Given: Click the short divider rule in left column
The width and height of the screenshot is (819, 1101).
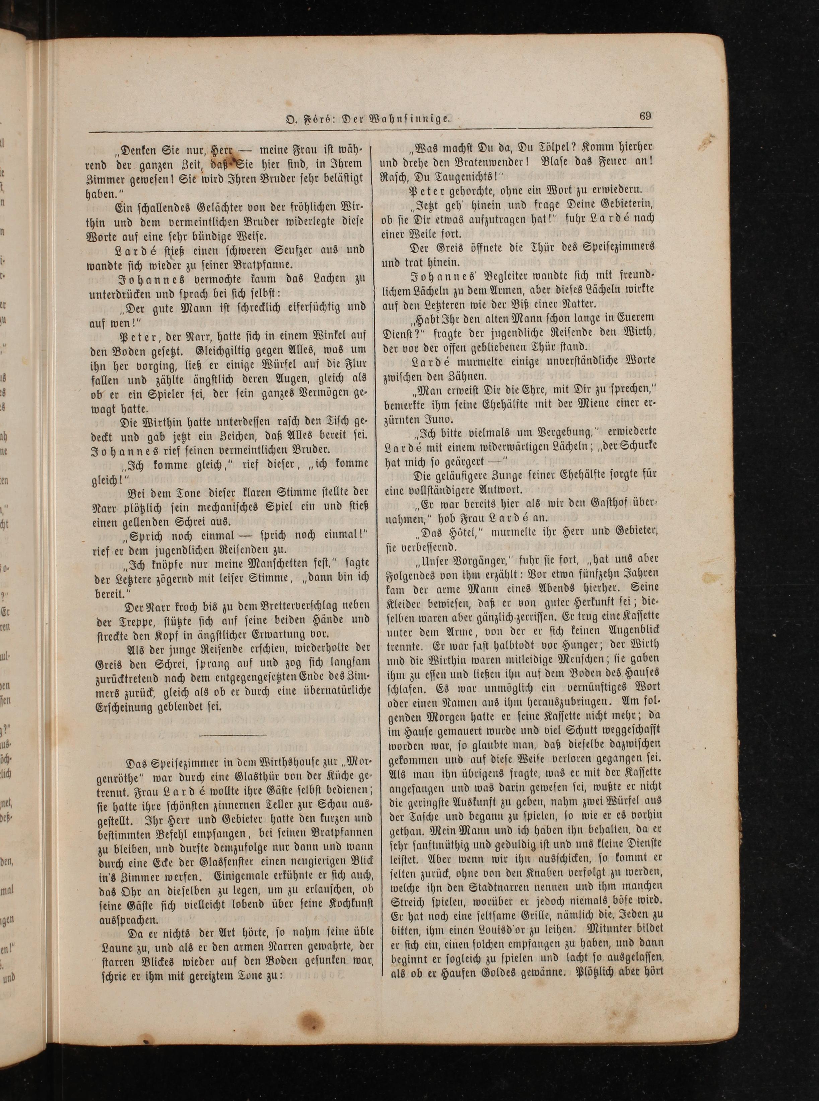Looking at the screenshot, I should [x=232, y=735].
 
